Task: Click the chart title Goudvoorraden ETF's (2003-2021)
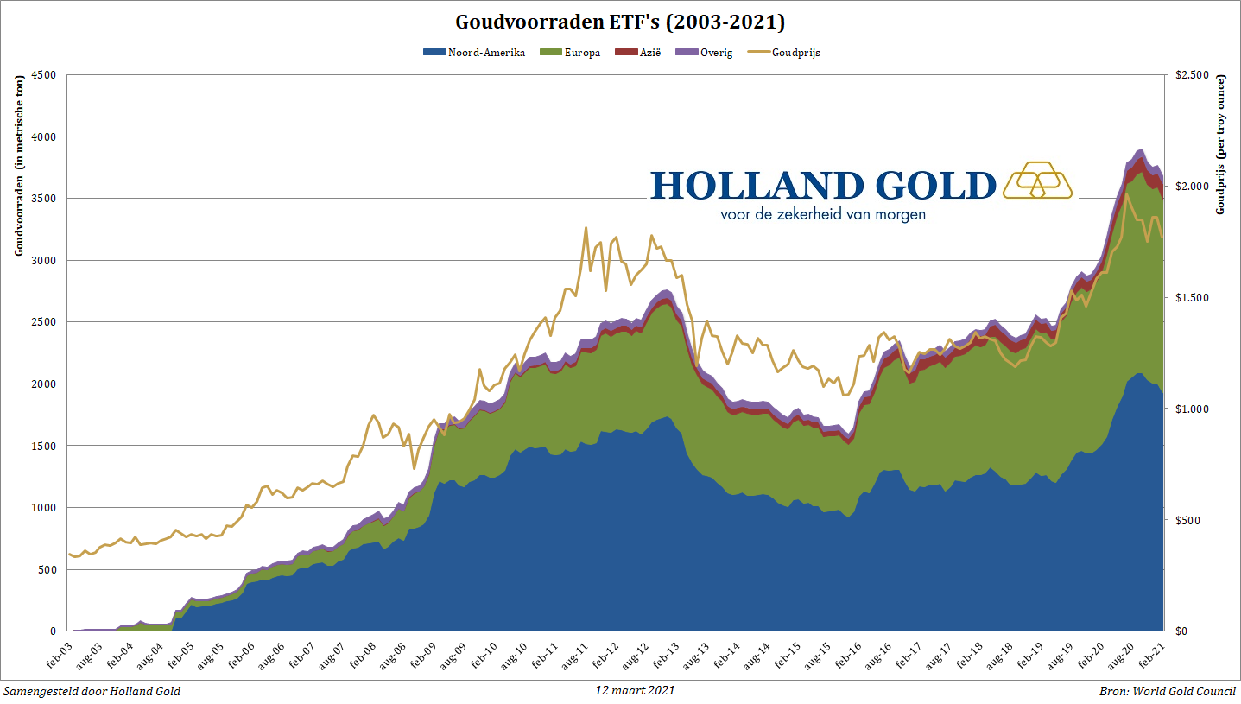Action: click(x=620, y=21)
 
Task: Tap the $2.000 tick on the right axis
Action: click(x=1190, y=187)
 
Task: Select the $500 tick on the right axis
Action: click(x=1185, y=520)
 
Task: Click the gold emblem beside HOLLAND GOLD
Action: click(x=1037, y=180)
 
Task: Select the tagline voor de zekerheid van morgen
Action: click(x=822, y=213)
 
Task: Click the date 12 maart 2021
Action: click(x=635, y=691)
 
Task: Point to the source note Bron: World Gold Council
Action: click(x=1168, y=691)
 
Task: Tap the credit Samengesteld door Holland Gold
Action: click(x=92, y=691)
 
